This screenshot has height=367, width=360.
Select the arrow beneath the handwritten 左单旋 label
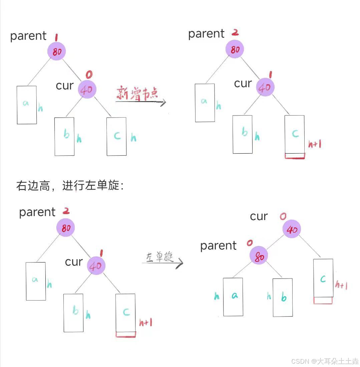[x=162, y=263]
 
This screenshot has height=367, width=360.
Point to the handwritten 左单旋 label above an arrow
[x=160, y=257]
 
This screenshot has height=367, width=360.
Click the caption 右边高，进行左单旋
[x=70, y=186]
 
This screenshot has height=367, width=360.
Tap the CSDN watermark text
[x=325, y=361]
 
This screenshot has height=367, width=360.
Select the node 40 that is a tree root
[x=292, y=229]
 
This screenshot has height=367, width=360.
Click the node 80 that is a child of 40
[x=259, y=256]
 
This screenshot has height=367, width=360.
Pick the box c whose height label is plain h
[x=116, y=136]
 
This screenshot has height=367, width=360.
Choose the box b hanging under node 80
[x=283, y=297]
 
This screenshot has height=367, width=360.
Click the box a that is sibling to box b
[x=233, y=297]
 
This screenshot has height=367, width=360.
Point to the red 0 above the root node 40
[x=283, y=217]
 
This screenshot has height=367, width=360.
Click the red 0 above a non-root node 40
[x=89, y=75]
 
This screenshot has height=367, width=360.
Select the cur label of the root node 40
[x=259, y=216]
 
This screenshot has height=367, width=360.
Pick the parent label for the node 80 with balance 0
[x=218, y=246]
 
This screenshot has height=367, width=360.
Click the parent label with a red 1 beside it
[x=28, y=36]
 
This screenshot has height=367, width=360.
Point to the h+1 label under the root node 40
[x=342, y=285]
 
